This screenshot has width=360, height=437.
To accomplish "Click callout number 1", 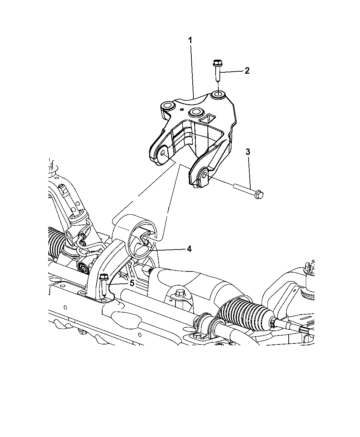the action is click(x=190, y=40).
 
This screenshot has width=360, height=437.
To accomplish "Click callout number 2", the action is click(x=247, y=71).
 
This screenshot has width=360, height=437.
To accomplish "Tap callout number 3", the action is click(x=248, y=152).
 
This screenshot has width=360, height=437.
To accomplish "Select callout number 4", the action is click(x=189, y=249).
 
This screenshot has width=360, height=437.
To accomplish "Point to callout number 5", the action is click(x=132, y=283).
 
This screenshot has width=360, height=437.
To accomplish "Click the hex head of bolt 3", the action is click(x=259, y=195).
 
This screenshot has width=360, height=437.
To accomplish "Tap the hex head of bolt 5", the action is click(x=104, y=277).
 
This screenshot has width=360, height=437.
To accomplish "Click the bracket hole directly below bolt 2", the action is click(x=218, y=95).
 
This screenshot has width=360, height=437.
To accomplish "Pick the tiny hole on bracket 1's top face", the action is click(x=182, y=109).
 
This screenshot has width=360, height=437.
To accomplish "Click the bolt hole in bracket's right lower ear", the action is click(x=204, y=174).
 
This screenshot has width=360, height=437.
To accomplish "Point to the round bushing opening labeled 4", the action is click(x=142, y=240).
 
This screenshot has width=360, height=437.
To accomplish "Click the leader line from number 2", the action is click(x=231, y=72).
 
